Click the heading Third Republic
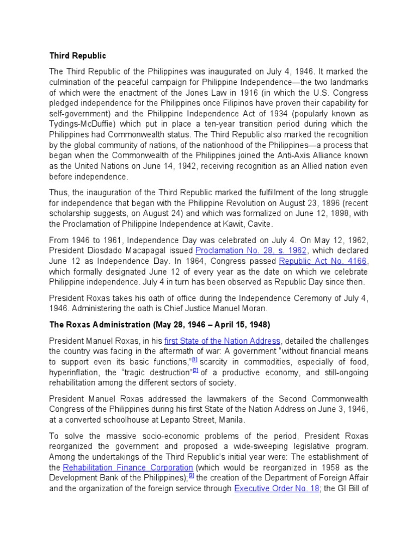tap(78, 56)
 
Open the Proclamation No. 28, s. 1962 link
tap(251, 250)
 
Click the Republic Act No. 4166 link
tap(323, 261)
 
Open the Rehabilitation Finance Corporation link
tap(128, 467)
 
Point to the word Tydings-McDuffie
tap(79, 125)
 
